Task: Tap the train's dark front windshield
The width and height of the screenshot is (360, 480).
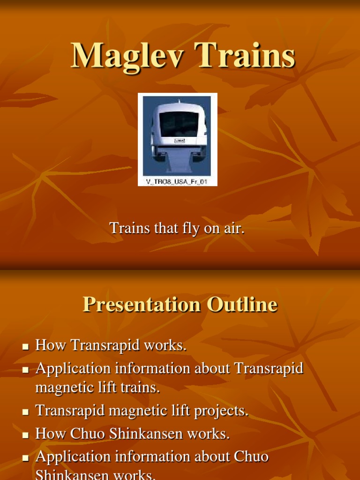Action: pos(179,124)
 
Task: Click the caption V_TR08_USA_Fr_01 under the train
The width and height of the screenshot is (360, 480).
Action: pos(178,181)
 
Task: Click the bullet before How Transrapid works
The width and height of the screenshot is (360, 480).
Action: pos(25,347)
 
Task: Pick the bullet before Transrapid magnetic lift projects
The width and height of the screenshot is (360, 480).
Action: pos(25,412)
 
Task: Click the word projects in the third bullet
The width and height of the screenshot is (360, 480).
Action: pos(221,411)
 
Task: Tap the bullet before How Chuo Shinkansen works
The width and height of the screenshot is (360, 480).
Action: pos(25,435)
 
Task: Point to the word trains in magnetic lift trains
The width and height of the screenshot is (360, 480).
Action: pos(141,388)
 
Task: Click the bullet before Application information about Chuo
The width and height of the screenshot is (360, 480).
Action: pos(25,457)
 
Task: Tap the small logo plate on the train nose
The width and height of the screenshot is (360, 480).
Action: pos(179,140)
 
